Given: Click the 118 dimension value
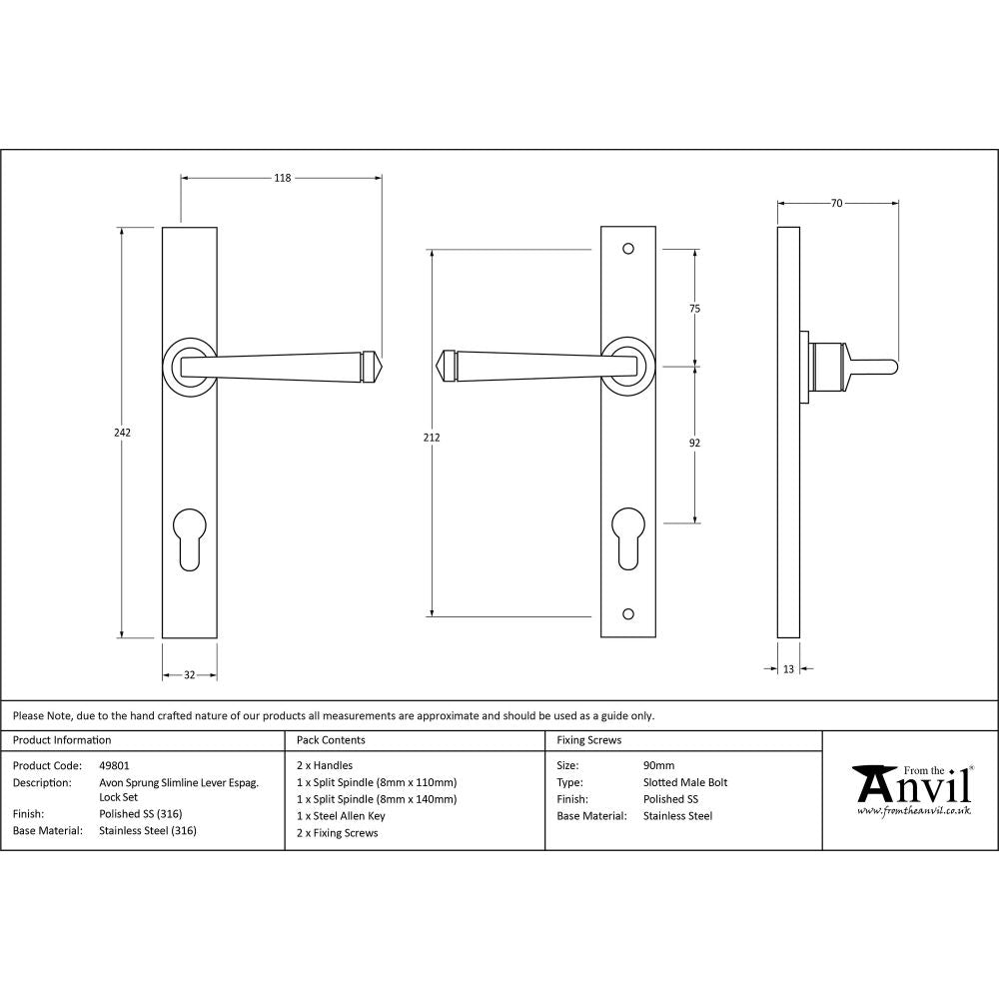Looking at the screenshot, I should tap(283, 178).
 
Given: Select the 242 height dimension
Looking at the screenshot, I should tap(122, 433).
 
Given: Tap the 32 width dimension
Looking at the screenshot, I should tap(190, 675).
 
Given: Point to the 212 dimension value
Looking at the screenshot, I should tap(432, 437).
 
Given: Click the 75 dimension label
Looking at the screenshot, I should tap(695, 309).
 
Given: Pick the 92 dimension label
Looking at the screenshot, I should tap(695, 443).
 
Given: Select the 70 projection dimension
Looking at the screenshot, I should tap(837, 204).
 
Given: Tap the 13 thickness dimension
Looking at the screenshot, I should tap(788, 669).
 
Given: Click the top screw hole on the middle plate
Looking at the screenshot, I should tap(627, 248).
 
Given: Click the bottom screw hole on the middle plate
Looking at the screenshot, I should tap(627, 612).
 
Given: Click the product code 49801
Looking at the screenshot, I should tap(115, 766).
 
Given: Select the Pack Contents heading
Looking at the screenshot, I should tap(331, 740).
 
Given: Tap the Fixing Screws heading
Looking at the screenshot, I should tap(588, 740).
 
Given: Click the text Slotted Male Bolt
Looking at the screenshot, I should tap(685, 782).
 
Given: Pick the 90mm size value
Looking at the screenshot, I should tap(659, 766).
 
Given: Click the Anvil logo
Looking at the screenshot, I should tap(911, 789).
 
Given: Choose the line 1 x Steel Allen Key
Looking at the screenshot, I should tap(341, 815).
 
